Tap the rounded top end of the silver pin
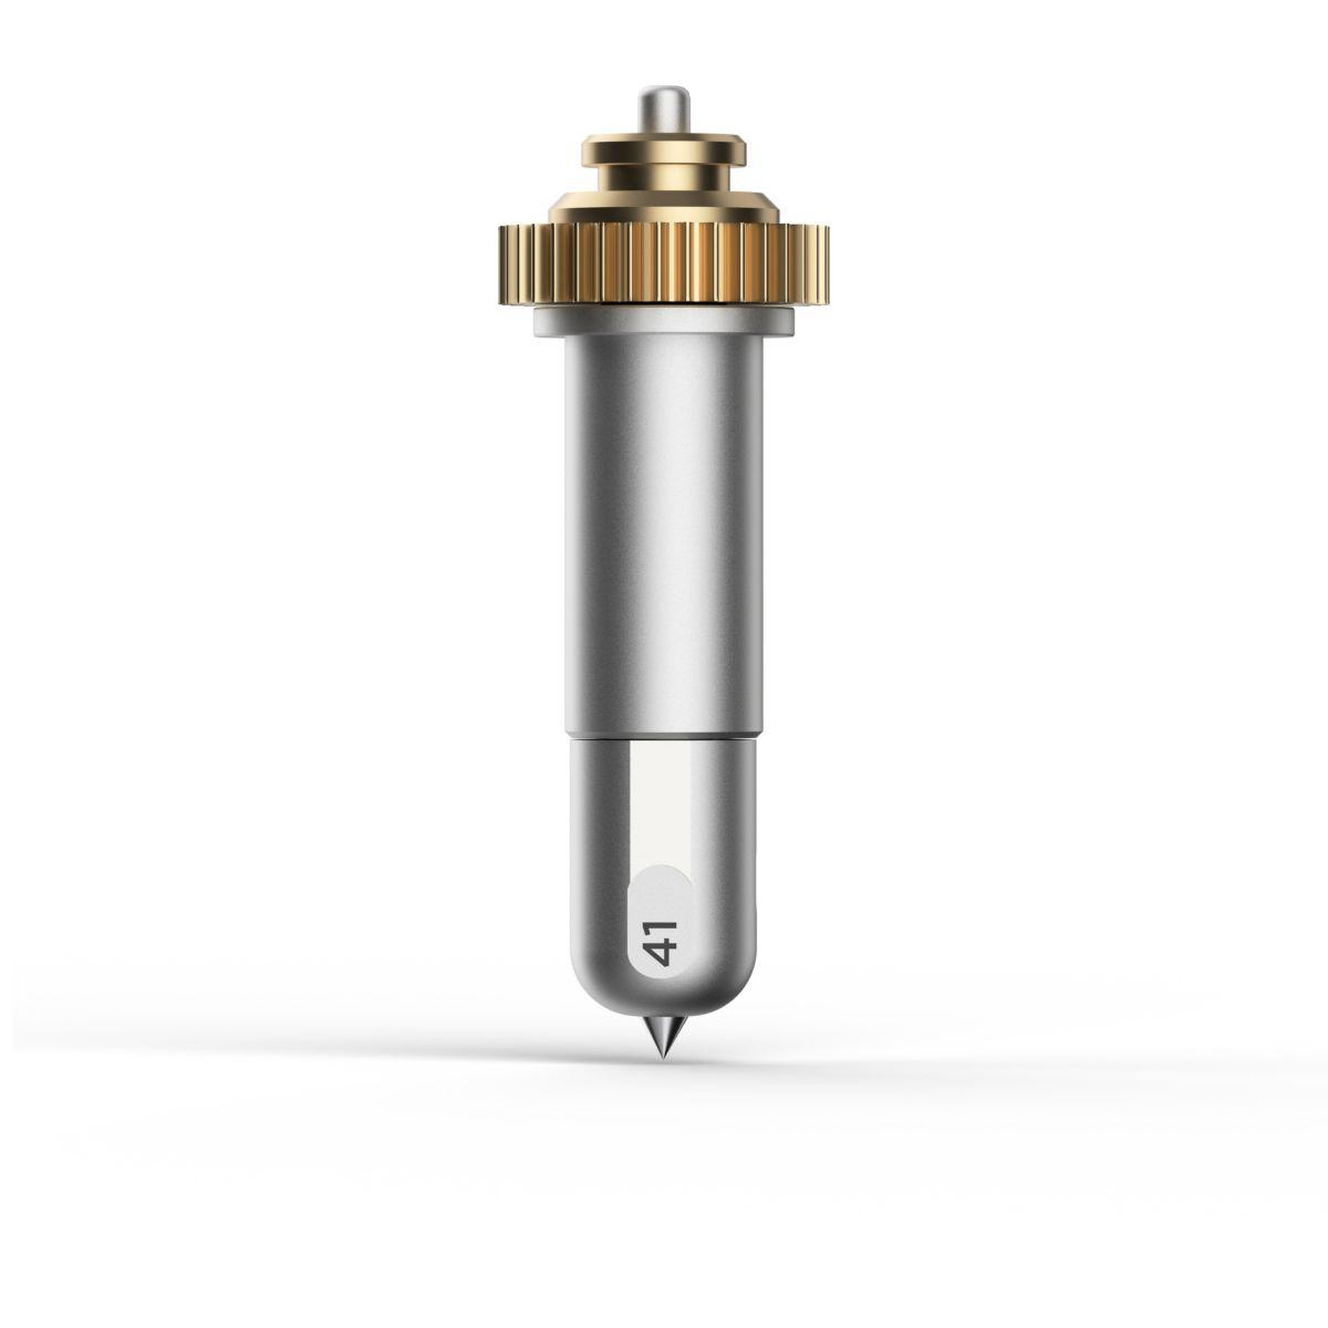[663, 89]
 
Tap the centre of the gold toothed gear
[664, 264]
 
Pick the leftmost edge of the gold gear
[501, 264]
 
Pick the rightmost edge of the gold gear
[827, 264]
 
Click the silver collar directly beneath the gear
[664, 322]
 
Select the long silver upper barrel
[664, 536]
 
